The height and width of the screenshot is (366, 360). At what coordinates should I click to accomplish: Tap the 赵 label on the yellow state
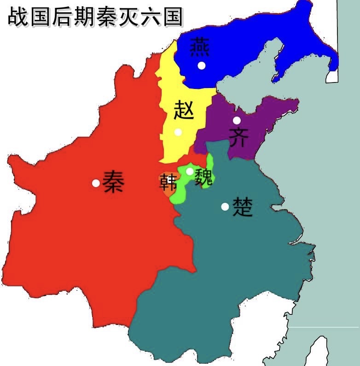[x=184, y=111]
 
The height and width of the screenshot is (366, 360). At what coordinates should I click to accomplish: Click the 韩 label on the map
[x=168, y=183]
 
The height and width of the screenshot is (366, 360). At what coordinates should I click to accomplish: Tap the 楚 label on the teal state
[x=243, y=207]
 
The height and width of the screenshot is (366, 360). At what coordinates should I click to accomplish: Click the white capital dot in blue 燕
[x=201, y=65]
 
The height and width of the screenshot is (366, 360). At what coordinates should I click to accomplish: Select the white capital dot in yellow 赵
[x=178, y=132]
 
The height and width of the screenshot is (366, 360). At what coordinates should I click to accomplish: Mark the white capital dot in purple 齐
[x=237, y=120]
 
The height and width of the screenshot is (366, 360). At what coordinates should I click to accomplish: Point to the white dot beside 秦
[x=96, y=183]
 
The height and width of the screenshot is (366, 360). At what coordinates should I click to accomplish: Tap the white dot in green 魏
[x=189, y=171]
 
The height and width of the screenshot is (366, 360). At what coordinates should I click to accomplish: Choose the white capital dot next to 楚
[x=225, y=207]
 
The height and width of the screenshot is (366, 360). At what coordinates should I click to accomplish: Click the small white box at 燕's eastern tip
[x=332, y=77]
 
